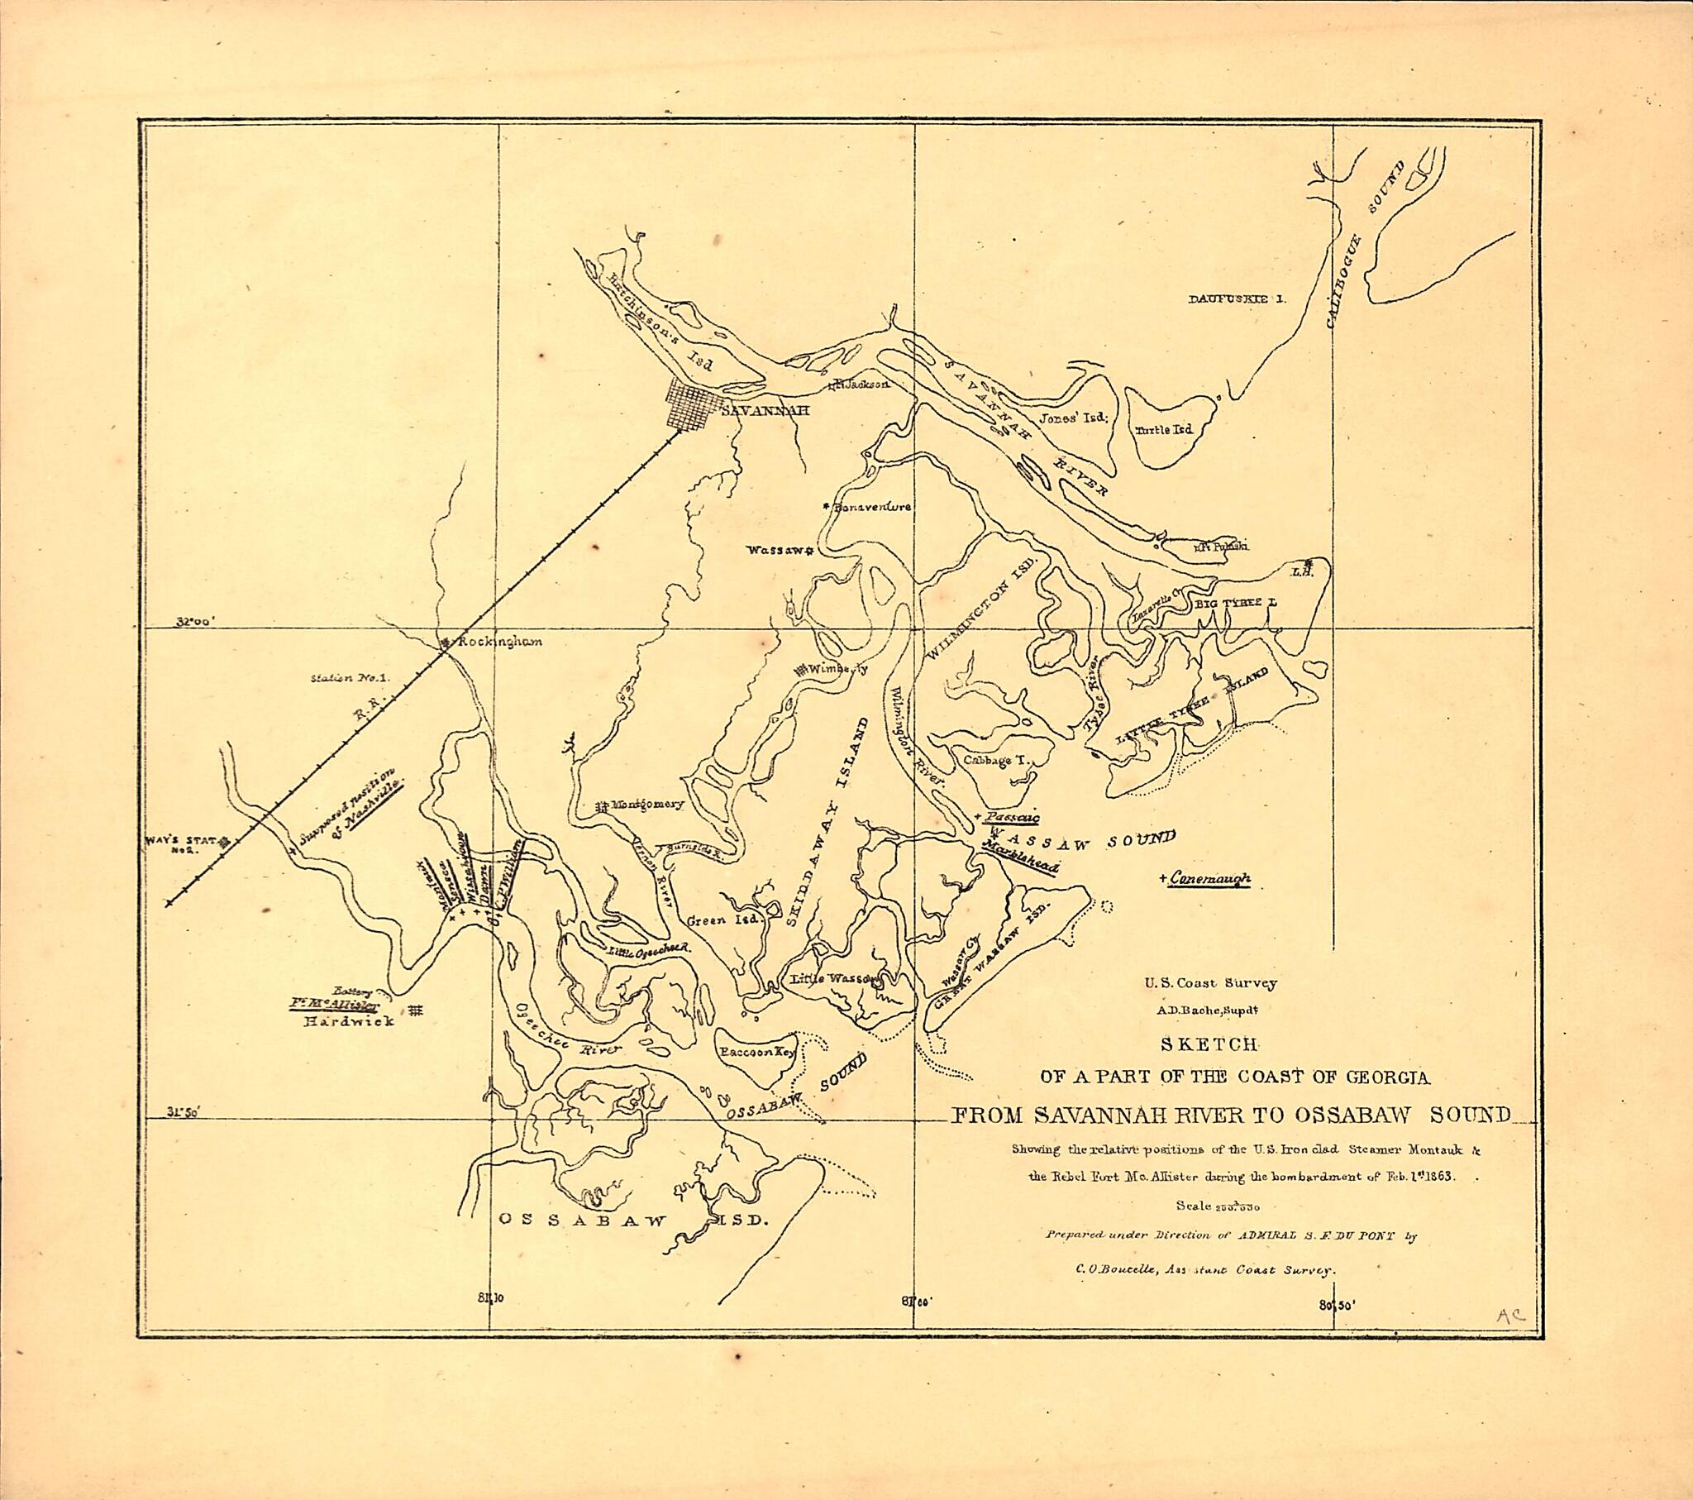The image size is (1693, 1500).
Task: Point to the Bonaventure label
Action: coord(873,506)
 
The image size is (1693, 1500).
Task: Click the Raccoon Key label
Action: coord(758,1053)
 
